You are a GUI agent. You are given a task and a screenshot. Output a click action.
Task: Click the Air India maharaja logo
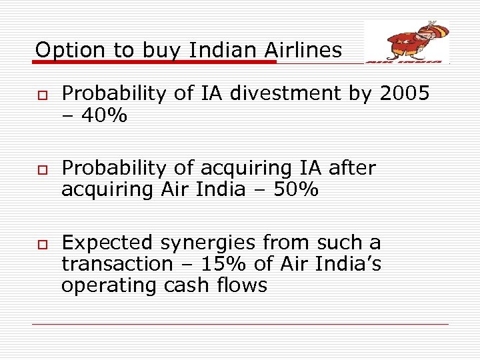coord(407,41)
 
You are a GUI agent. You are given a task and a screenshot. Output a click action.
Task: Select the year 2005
coord(404,94)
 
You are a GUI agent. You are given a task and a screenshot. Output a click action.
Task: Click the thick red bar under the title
coord(153,62)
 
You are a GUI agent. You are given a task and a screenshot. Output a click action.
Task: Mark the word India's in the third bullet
coord(348,264)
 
